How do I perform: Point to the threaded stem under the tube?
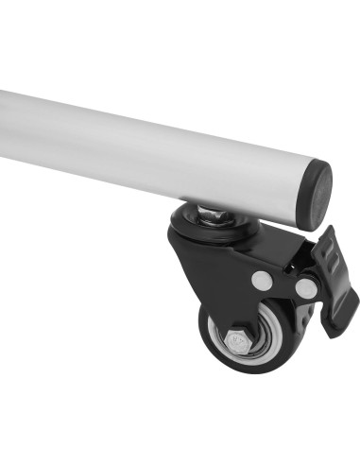pos(214,216)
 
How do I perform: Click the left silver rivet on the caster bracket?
pos(262,280)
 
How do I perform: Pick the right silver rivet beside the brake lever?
pos(304,285)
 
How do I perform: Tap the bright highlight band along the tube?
pos(142,132)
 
